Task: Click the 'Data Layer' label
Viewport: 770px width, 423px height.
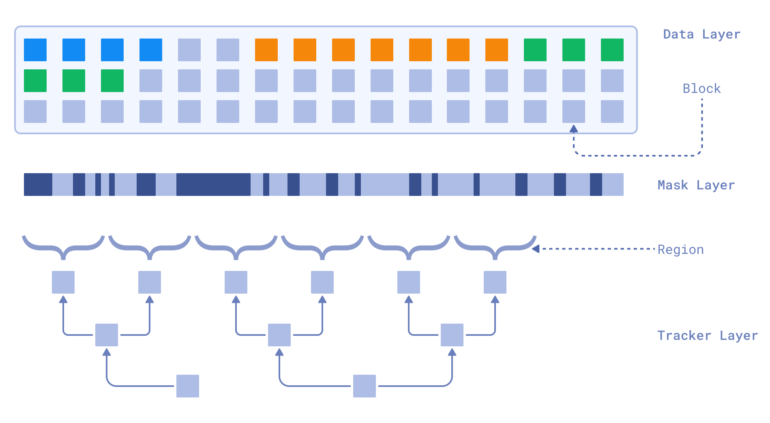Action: tap(701, 34)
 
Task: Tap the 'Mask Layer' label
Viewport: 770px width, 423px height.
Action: tap(696, 185)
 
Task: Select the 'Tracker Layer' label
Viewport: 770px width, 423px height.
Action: tap(707, 336)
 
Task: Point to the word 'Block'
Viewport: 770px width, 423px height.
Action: tap(701, 88)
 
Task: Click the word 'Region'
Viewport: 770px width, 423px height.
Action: tap(680, 250)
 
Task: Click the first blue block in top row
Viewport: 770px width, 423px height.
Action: tap(35, 50)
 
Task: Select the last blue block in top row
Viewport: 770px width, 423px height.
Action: tap(151, 50)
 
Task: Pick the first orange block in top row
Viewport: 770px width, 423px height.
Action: tap(266, 50)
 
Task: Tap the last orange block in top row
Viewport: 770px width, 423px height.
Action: tap(497, 50)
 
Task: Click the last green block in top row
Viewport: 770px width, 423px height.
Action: tap(612, 50)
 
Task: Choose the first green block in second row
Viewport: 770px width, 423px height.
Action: tap(35, 81)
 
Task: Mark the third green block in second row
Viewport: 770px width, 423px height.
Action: tap(112, 81)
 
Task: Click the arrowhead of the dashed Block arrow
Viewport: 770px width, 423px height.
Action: tap(573, 129)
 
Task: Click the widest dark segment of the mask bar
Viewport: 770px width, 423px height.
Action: tap(213, 185)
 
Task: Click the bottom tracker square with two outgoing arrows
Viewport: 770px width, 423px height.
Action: tap(365, 386)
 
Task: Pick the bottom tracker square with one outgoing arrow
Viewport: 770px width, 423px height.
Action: tap(188, 386)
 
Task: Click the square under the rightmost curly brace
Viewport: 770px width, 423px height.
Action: tap(495, 282)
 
